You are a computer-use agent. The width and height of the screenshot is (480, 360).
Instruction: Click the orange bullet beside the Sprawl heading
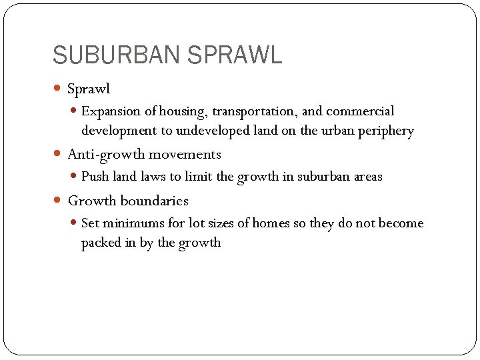coord(59,88)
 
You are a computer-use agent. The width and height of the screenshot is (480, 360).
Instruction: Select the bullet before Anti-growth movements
coord(59,154)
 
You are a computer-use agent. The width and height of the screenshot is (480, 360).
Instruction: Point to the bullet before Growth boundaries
coord(59,201)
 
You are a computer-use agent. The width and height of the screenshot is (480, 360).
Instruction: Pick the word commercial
coord(361,111)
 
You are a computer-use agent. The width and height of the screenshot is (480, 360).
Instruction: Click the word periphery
coord(387,131)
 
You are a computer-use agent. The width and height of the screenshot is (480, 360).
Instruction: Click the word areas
coord(368,177)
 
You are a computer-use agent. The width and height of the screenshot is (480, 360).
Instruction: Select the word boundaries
coord(155,201)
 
